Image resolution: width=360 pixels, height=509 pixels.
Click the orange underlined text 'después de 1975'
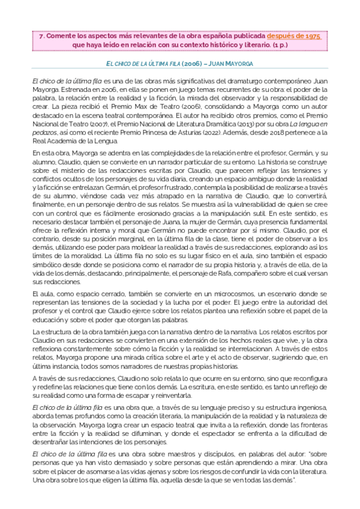[x=294, y=36]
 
